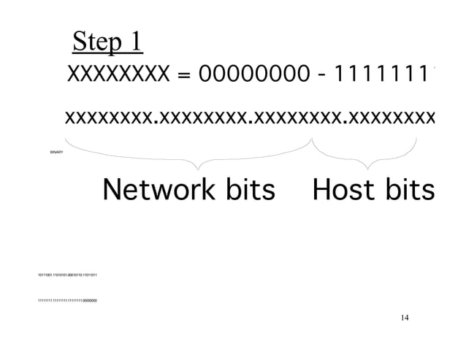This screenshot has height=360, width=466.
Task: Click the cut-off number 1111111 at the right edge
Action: [382, 77]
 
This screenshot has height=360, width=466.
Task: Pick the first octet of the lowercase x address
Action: [110, 118]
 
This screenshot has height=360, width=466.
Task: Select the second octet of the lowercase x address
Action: [202, 118]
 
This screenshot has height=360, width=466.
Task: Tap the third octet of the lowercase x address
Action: [295, 118]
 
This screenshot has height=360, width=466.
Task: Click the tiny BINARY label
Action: [56, 152]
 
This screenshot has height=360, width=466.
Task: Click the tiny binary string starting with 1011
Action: [67, 274]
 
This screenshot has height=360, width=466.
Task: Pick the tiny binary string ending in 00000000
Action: [67, 300]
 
